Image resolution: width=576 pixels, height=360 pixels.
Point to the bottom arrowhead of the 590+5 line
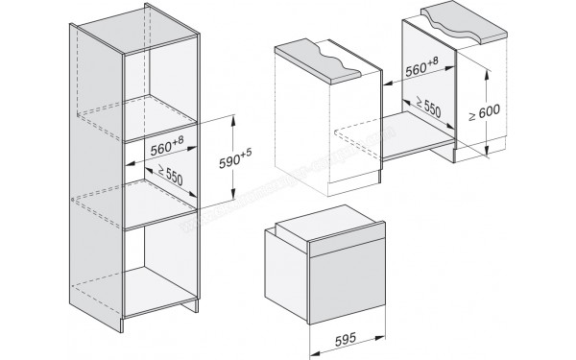coord(232,199)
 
